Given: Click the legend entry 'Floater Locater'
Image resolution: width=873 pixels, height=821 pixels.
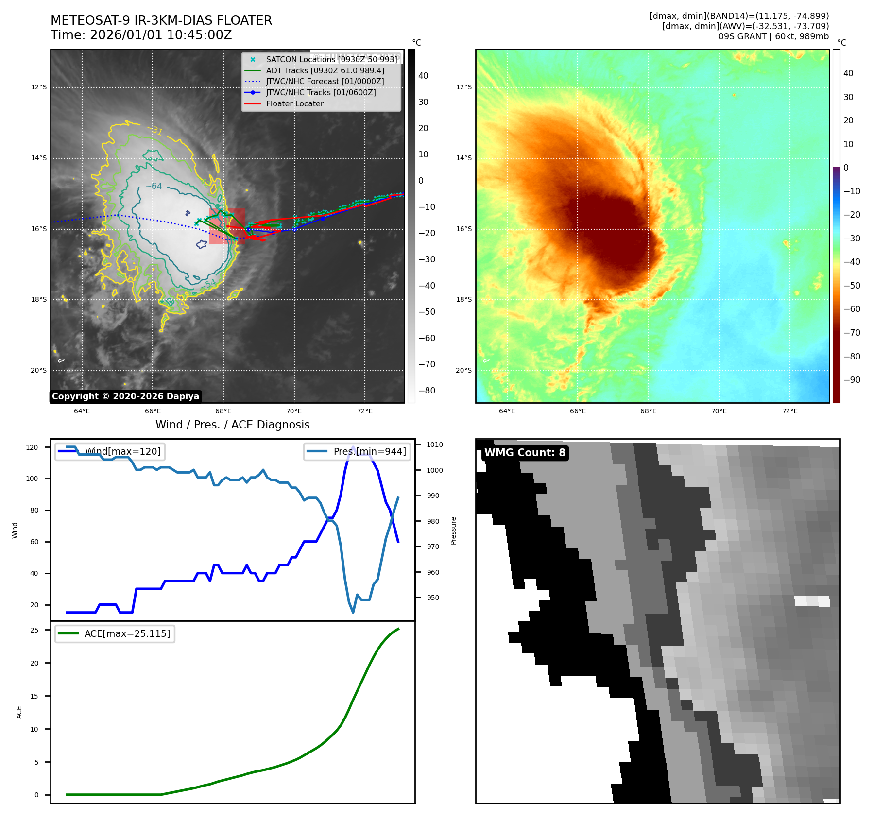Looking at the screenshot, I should point(294,103).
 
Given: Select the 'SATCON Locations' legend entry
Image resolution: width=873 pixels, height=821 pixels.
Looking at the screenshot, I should point(331,59).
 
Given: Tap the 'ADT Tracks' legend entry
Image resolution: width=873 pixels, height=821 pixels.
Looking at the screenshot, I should point(325,70).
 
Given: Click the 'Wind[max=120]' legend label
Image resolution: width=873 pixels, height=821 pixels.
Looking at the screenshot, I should point(122,451).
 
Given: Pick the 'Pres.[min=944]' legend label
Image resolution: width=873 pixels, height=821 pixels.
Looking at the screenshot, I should point(369,451).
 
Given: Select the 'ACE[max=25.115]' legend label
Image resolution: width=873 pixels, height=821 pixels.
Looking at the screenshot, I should point(127,633).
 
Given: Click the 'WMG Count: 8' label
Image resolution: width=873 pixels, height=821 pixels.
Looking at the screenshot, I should point(525,453).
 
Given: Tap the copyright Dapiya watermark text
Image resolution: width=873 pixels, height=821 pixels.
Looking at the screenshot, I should point(125,396).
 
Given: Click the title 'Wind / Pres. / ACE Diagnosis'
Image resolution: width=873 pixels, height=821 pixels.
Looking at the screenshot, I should point(232,425).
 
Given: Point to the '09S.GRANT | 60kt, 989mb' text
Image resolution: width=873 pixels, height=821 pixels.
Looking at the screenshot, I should point(773,36).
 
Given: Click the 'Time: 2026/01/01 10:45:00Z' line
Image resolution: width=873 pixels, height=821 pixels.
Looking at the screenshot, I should point(141,35).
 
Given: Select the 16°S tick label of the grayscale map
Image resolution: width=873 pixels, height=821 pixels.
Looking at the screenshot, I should point(39,229).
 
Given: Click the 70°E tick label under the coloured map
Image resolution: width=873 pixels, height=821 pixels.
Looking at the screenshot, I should point(719,411).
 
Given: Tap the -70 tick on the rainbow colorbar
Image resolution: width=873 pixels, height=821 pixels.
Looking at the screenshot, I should point(852,333).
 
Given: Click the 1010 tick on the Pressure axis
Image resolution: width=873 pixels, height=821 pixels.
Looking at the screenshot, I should point(434,445).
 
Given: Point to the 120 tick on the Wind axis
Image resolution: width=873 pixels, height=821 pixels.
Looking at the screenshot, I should point(32,447).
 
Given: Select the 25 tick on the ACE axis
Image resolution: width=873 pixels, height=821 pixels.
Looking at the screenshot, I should point(34,630).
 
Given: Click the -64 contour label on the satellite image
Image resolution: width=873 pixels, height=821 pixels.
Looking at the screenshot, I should point(154,186).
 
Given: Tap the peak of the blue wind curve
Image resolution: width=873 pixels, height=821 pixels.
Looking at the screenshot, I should point(353,447).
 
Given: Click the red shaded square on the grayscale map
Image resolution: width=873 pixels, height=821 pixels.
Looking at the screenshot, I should point(227,226).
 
